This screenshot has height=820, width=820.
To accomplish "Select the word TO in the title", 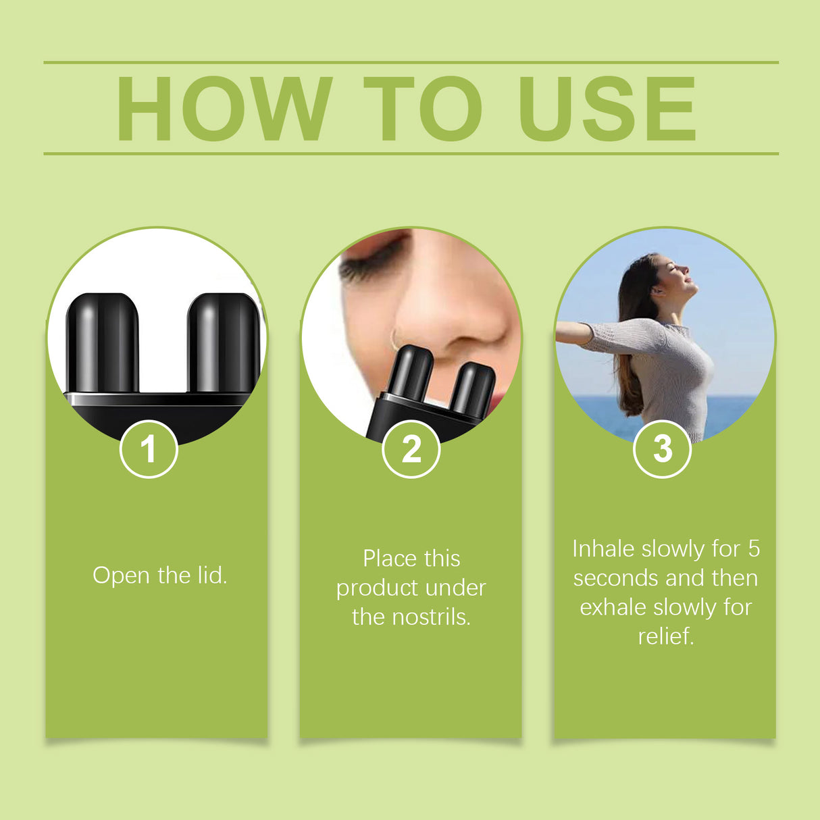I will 422,109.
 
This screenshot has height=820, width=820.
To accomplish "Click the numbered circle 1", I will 149,449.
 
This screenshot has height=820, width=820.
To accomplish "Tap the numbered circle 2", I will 411,449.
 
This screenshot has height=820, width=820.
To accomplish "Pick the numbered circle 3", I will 662,449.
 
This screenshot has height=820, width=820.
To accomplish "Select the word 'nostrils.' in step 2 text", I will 430,617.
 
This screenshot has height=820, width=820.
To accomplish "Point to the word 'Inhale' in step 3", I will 603,549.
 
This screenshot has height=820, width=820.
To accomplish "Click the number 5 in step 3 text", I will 754,549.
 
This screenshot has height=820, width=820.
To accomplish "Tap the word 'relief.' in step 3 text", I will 666,636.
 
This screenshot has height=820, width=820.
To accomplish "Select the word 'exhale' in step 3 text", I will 613,607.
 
